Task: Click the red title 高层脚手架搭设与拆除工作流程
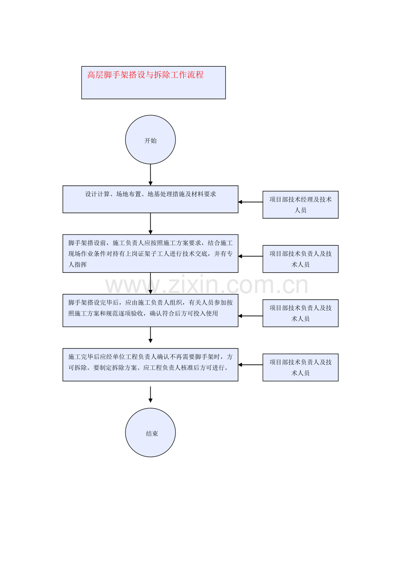coord(145,75)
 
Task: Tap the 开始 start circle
coord(150,140)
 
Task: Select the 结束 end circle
coord(150,433)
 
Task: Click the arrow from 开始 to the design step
coord(150,175)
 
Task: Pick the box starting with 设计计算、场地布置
coord(150,199)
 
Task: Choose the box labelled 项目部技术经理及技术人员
coord(300,205)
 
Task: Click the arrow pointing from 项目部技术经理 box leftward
coord(250,202)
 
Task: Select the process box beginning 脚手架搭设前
coord(150,253)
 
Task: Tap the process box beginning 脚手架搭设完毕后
coord(150,310)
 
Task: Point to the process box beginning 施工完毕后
coord(150,365)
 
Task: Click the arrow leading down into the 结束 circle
coord(150,394)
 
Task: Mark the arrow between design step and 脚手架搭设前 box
coord(150,223)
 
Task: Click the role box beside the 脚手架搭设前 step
coord(300,259)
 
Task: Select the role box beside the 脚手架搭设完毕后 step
coord(300,313)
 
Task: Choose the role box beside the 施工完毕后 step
coord(300,367)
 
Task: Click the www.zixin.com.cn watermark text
coord(207,286)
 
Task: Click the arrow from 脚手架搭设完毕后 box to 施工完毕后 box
coord(150,335)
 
